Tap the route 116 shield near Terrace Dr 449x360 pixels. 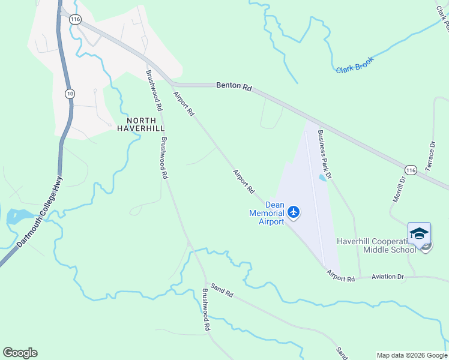[410, 170]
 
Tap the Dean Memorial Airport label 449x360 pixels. [267, 213]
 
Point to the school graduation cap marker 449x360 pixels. [419, 233]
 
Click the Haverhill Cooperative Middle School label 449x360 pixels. [376, 245]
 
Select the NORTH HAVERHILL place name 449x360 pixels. [140, 124]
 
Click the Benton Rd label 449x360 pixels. [234, 86]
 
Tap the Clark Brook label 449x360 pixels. [355, 65]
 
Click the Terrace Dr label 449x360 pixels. [430, 157]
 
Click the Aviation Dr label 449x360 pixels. [388, 277]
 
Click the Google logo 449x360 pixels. [20, 353]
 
